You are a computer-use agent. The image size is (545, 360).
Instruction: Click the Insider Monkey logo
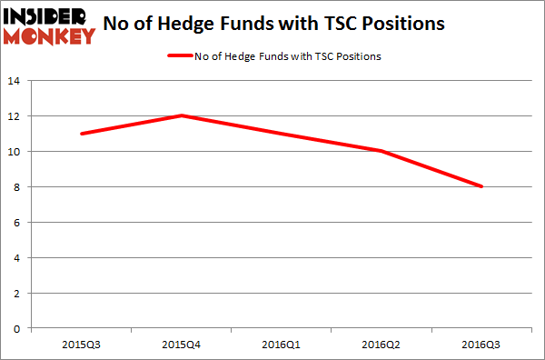pyautogui.click(x=49, y=25)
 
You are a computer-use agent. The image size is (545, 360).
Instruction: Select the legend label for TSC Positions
pyautogui.click(x=287, y=56)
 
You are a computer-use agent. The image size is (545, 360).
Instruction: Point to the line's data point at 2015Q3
pyautogui.click(x=82, y=134)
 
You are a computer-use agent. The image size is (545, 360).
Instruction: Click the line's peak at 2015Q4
pyautogui.click(x=182, y=115)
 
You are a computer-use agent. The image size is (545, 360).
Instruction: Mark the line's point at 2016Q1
pyautogui.click(x=282, y=134)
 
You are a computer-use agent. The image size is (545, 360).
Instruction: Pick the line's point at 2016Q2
pyautogui.click(x=381, y=151)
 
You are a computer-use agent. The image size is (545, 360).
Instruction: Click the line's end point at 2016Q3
pyautogui.click(x=481, y=186)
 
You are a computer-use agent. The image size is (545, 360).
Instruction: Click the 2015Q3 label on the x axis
pyautogui.click(x=82, y=345)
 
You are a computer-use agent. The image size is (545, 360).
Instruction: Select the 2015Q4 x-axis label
pyautogui.click(x=182, y=345)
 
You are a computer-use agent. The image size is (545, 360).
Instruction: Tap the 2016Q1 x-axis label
pyautogui.click(x=282, y=345)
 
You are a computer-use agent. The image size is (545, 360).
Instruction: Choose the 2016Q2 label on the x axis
pyautogui.click(x=381, y=345)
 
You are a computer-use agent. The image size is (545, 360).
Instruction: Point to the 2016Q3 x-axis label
pyautogui.click(x=481, y=345)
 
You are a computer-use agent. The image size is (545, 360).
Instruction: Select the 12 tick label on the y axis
pyautogui.click(x=15, y=116)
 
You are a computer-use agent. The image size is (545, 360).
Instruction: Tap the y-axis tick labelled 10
pyautogui.click(x=15, y=152)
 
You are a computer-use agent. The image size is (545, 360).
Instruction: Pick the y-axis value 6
pyautogui.click(x=18, y=223)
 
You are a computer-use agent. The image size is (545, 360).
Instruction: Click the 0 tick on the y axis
pyautogui.click(x=18, y=328)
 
